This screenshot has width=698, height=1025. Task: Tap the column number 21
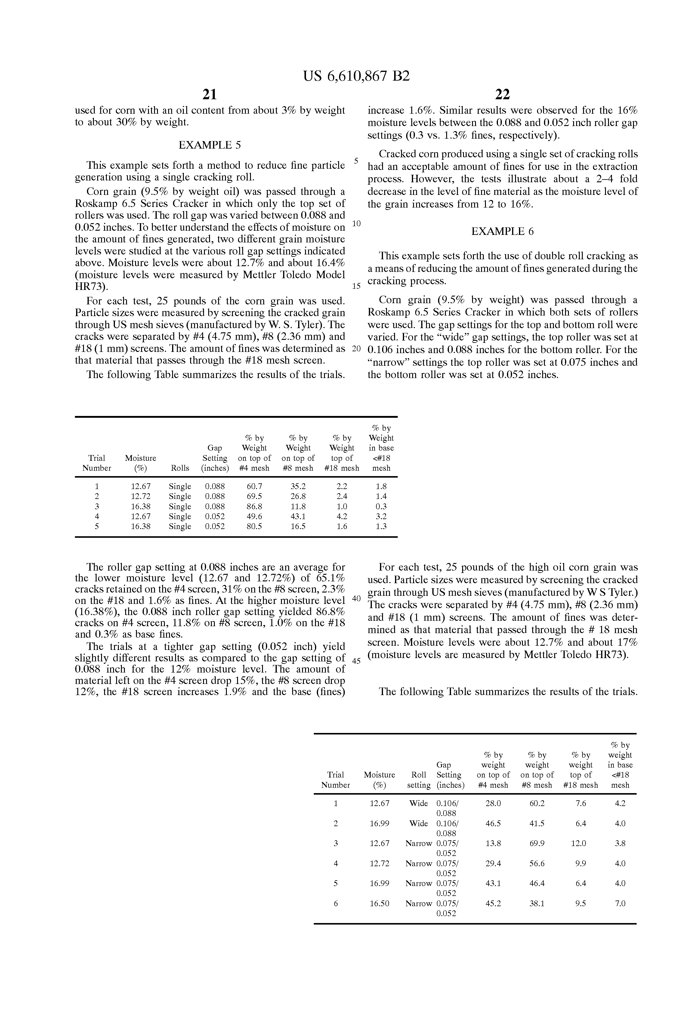click(210, 94)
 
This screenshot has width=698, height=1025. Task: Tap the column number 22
click(502, 94)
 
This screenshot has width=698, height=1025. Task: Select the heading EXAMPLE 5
click(210, 145)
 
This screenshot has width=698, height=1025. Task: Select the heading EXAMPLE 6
click(502, 232)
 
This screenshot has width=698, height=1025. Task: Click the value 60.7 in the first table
click(254, 486)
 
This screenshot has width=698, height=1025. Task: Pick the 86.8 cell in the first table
click(254, 506)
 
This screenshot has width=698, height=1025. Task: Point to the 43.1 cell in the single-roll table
click(298, 516)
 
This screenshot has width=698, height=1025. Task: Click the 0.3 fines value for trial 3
click(381, 506)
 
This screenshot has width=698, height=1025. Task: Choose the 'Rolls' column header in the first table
click(180, 468)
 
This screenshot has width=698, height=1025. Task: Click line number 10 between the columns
click(357, 223)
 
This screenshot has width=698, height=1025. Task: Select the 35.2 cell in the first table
click(298, 486)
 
